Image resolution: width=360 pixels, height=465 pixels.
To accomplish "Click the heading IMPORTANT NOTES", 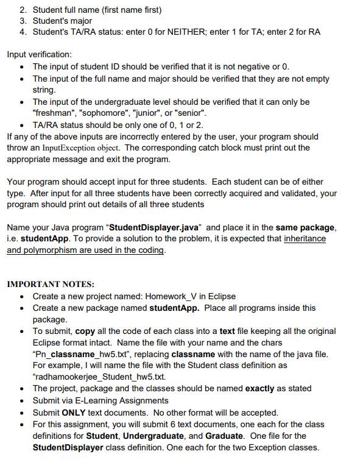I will tap(50, 284).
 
